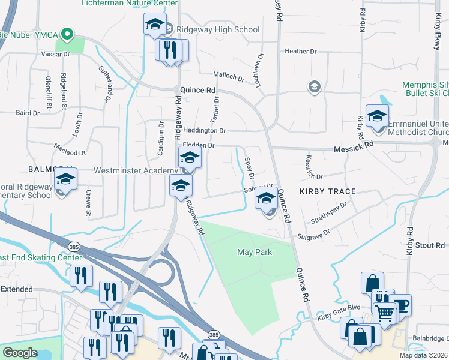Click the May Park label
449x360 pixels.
click(x=255, y=253)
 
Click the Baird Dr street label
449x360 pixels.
click(x=28, y=112)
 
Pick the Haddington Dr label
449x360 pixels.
click(x=204, y=130)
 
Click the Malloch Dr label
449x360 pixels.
click(x=229, y=77)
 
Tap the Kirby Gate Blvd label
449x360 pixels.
click(x=339, y=307)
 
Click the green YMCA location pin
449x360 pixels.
click(x=68, y=34)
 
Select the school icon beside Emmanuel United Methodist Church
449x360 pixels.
click(x=377, y=116)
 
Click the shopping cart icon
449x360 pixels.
click(x=385, y=313)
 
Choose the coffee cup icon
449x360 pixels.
click(x=400, y=305)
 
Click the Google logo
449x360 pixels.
click(x=19, y=353)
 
